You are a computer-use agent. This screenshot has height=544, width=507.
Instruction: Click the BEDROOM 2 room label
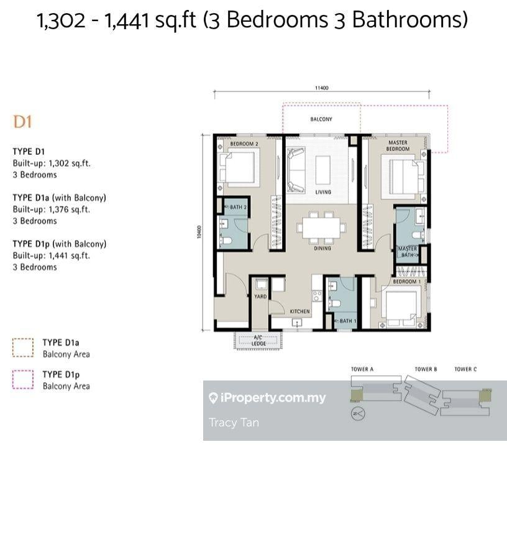point(244,144)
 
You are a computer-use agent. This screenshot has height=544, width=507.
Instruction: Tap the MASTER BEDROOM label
point(398,145)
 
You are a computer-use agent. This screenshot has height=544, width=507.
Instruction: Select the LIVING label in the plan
point(323,192)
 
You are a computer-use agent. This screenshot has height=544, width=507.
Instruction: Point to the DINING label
point(322,248)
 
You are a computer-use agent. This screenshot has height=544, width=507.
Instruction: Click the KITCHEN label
point(300,311)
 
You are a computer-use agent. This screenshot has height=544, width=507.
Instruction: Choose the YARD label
point(260,297)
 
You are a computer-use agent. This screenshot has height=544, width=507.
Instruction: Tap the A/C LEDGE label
point(258,340)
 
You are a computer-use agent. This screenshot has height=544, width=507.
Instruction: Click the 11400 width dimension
point(321,88)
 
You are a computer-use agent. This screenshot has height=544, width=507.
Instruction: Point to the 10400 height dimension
point(199,232)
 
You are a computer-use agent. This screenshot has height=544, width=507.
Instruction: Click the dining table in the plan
point(321,228)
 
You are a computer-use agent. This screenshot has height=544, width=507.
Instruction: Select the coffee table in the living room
point(323,170)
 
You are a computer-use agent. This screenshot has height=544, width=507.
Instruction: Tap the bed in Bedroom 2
point(239,168)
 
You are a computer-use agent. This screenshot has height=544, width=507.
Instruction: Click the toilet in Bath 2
point(226,241)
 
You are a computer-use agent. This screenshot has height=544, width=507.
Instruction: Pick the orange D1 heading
point(22,122)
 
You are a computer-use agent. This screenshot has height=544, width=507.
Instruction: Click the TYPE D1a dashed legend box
point(23,348)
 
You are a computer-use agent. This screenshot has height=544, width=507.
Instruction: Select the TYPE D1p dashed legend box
point(23,379)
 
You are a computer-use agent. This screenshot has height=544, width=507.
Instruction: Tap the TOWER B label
point(426,369)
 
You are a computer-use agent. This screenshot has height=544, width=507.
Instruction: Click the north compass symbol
point(358,413)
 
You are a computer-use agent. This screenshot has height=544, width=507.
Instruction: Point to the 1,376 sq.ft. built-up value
point(70,210)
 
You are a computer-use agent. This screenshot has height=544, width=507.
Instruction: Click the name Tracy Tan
point(234,423)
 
